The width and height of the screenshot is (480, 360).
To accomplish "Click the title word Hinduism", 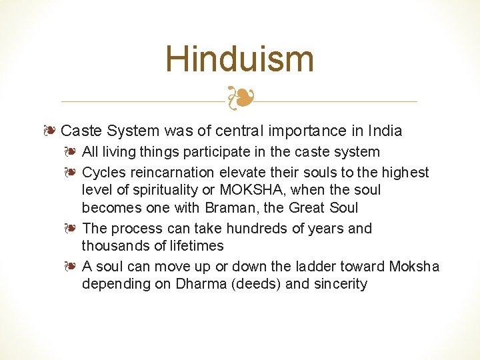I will pyautogui.click(x=239, y=59).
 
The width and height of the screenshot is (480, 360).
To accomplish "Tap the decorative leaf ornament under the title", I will pyautogui.click(x=239, y=98).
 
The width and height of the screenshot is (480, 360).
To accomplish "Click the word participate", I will pyautogui.click(x=216, y=152).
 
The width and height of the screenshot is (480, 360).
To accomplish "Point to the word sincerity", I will pyautogui.click(x=340, y=284).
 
